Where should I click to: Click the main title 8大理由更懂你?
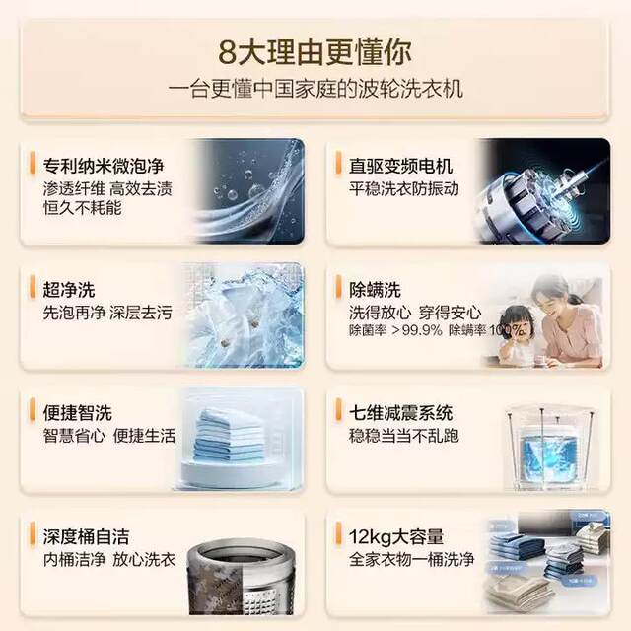tap(315, 49)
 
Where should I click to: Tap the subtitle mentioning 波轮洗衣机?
tap(315, 89)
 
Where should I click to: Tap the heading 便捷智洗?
tap(78, 412)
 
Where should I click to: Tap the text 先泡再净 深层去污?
tap(107, 313)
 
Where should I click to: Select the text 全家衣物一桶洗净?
tap(411, 560)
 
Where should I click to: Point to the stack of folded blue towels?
tap(229, 434)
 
